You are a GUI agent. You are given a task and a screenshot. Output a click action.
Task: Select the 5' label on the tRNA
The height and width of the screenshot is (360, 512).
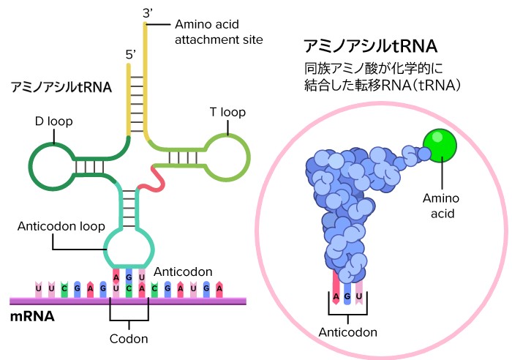coord(131,55)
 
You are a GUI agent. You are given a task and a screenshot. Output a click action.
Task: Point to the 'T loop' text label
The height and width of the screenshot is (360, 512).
coord(227,113)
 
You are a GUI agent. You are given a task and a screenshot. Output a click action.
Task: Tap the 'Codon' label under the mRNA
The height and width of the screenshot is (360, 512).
coord(129,339)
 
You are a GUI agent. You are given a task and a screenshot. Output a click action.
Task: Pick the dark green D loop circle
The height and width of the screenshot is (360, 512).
coord(50,165)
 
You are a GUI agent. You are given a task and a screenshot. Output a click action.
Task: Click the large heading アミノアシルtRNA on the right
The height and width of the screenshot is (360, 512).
coord(370,47)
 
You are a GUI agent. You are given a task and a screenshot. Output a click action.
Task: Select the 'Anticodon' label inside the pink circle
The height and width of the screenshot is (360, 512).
coord(348,332)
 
